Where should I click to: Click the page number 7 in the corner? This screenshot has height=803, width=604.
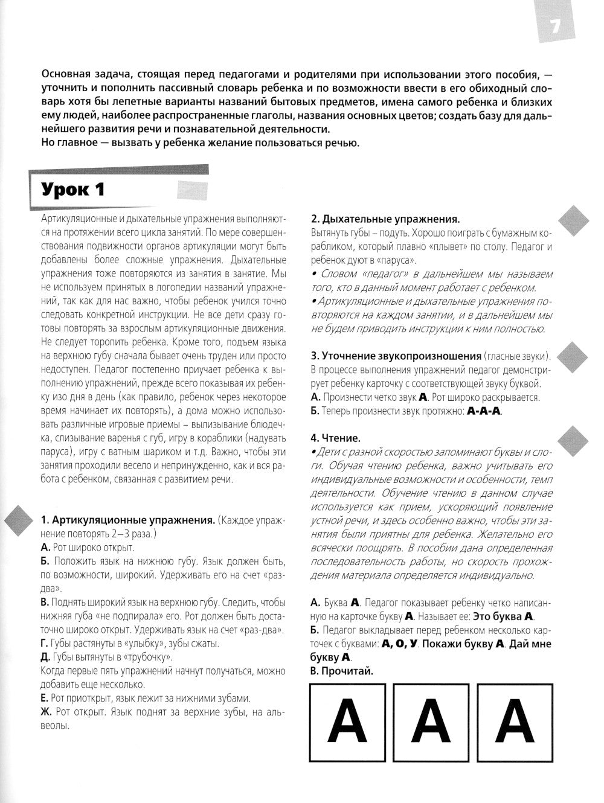coord(554,27)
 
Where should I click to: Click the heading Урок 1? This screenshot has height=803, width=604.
coord(73,190)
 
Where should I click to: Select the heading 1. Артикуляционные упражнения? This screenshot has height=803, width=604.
coord(127,520)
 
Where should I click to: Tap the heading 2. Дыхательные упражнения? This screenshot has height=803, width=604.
coord(385,219)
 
